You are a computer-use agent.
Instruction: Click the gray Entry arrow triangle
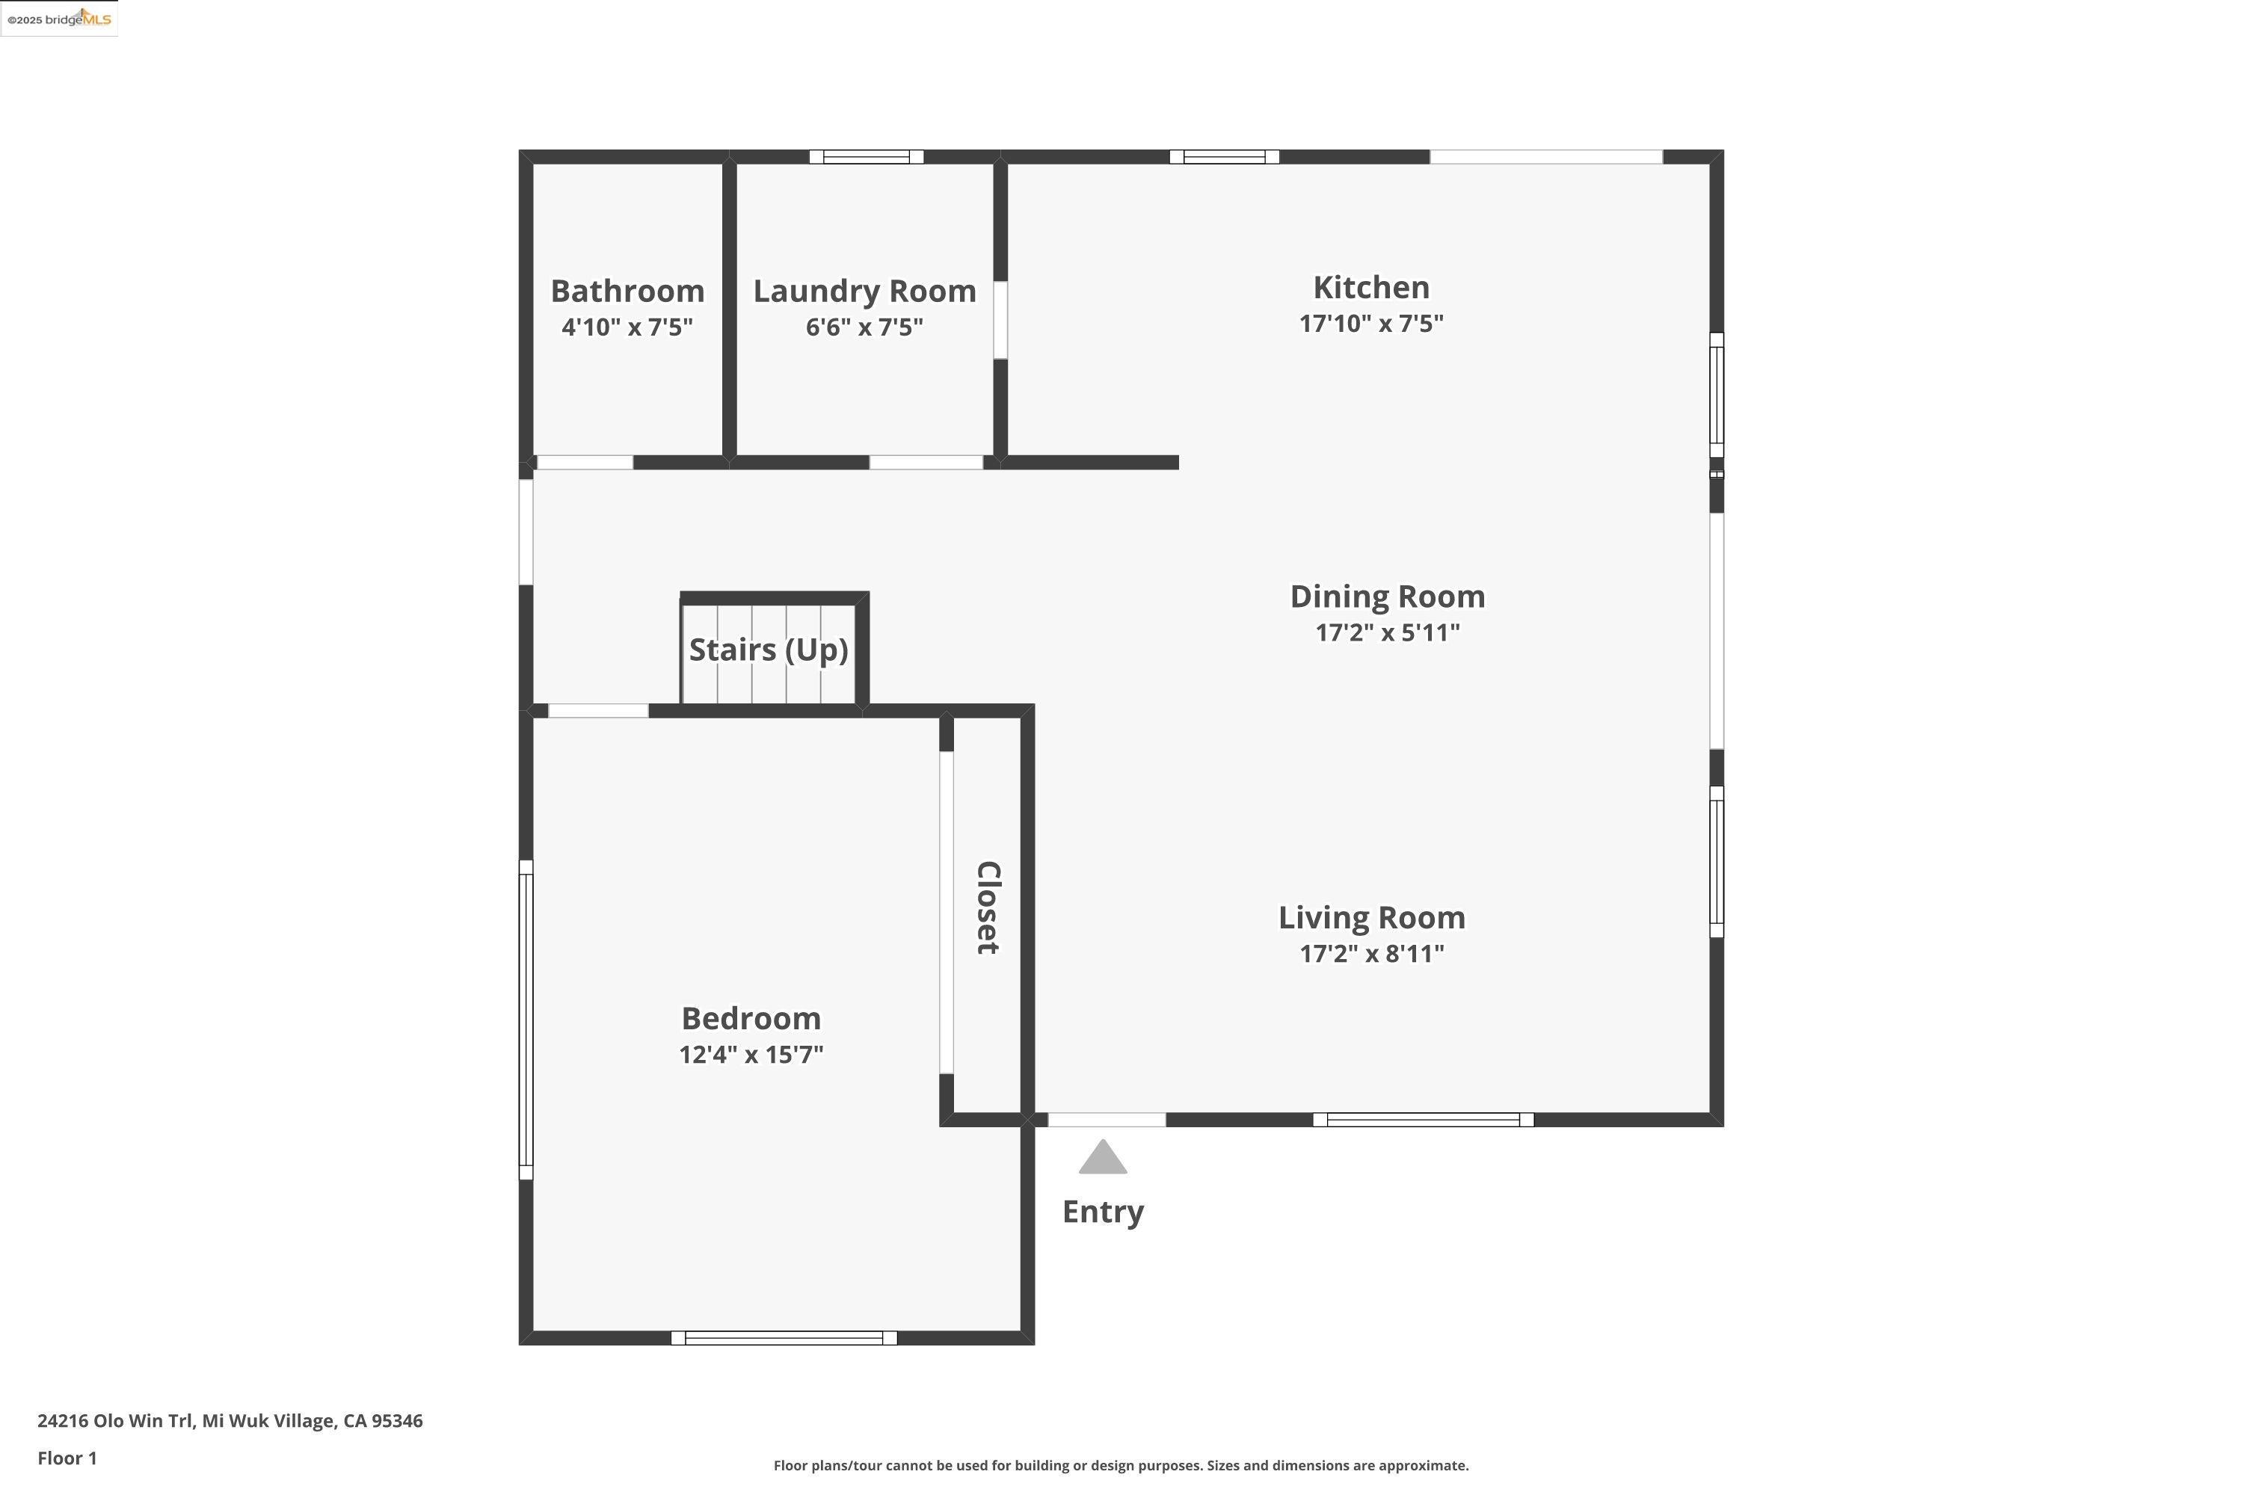coord(1102,1159)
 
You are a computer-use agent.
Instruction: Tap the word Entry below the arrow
coord(1102,1212)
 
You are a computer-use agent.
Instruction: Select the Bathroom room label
coord(627,291)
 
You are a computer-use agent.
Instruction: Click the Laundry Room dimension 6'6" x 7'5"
coord(864,327)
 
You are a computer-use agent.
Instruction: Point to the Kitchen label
coord(1370,287)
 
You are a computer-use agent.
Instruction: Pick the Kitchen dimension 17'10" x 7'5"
coord(1370,323)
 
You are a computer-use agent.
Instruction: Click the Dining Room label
coord(1387,597)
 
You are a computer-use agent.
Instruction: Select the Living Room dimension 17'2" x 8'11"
coord(1371,954)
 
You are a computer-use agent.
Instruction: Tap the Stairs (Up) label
coord(769,650)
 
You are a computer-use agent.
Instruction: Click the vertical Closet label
coord(988,907)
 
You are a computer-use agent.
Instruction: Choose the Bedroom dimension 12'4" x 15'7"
coord(751,1055)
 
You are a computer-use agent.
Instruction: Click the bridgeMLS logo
coord(59,19)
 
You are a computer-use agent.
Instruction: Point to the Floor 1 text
coord(67,1458)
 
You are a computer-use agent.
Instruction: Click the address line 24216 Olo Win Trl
coord(230,1421)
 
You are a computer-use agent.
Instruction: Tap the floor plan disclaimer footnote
coord(1121,1465)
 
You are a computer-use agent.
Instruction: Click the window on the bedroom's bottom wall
coord(784,1338)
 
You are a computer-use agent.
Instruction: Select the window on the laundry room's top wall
coord(866,157)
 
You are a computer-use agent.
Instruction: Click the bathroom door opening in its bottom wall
coord(585,463)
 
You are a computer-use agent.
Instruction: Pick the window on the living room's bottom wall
coord(1423,1119)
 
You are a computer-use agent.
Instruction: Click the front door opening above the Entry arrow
coord(1107,1119)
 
